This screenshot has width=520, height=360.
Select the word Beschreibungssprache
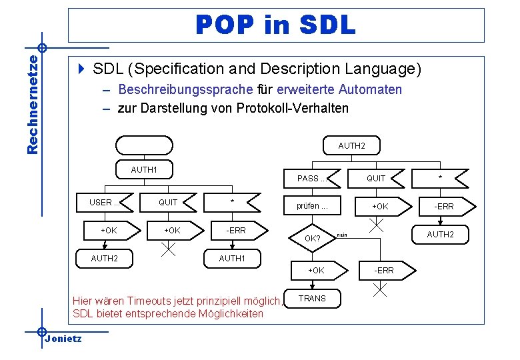(185, 89)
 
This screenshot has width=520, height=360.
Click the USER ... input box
(105, 203)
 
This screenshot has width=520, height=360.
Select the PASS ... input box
(311, 179)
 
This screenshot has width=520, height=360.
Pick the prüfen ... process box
(312, 206)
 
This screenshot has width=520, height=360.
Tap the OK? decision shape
(312, 238)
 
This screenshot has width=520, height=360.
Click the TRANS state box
(312, 298)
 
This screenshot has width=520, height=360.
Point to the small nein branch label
(342, 234)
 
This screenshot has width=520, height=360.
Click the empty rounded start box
(143, 145)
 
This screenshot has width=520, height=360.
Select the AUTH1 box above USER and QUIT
(144, 170)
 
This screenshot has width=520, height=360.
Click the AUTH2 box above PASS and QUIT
(351, 145)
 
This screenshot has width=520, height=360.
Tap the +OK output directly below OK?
(315, 270)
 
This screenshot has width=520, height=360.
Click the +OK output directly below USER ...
(108, 230)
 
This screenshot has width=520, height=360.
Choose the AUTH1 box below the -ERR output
(232, 258)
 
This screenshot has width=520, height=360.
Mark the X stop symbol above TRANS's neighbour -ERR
(377, 225)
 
